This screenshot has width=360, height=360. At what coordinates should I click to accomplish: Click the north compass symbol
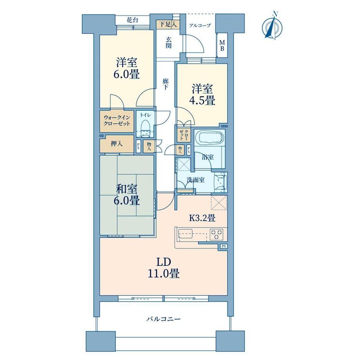point(272,26)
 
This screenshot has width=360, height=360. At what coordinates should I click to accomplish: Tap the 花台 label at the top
point(133,20)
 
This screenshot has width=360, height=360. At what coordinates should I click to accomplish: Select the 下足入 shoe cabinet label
point(168,24)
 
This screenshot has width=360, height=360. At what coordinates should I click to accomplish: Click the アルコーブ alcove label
point(200,25)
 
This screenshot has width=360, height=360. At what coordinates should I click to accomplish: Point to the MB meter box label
point(222,45)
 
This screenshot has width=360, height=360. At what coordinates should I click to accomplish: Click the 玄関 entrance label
point(168,43)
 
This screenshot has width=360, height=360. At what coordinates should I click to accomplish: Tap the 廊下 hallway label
point(166,84)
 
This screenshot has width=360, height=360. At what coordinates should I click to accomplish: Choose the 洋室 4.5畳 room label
point(202,95)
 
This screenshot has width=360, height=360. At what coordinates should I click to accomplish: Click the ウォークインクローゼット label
point(117,121)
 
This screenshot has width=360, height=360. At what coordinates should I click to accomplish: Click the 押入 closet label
point(117,144)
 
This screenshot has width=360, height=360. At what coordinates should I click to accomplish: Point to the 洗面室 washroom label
point(196,180)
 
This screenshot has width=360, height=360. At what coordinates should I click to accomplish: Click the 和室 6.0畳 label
point(127,195)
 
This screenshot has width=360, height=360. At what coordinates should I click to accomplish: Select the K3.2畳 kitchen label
point(202,218)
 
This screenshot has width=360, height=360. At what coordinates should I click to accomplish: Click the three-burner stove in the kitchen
point(216,235)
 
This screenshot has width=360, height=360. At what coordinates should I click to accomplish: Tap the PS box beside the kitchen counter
point(224,246)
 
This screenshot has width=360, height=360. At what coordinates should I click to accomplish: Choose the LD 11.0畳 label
point(164,268)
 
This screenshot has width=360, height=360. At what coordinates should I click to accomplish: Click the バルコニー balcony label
point(164,319)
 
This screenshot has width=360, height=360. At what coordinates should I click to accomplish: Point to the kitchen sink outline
point(193,235)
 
